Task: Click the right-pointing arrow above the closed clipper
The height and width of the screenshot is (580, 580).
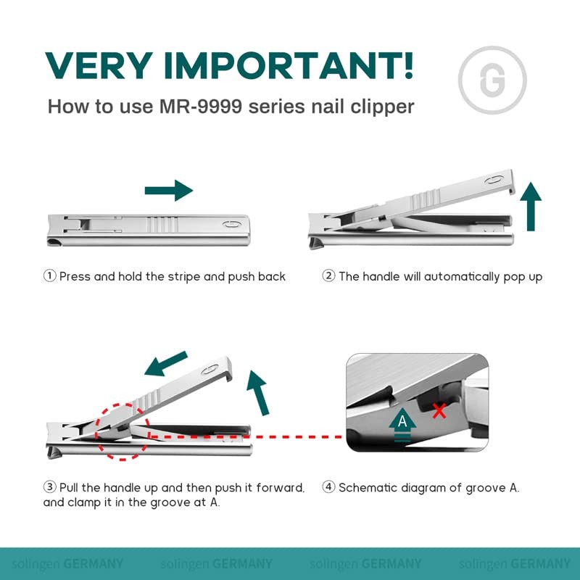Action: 168,191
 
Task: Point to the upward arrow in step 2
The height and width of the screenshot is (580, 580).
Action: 531,206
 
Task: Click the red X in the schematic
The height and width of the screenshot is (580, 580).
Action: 439,411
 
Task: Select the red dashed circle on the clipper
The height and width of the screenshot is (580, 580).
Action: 121,431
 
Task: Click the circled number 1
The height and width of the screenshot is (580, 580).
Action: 49,276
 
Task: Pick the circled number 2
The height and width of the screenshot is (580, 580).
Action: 328,276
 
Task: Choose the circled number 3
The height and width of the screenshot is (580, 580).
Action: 49,488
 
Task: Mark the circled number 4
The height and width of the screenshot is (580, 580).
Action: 328,488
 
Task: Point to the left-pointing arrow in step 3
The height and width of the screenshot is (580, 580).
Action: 166,364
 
